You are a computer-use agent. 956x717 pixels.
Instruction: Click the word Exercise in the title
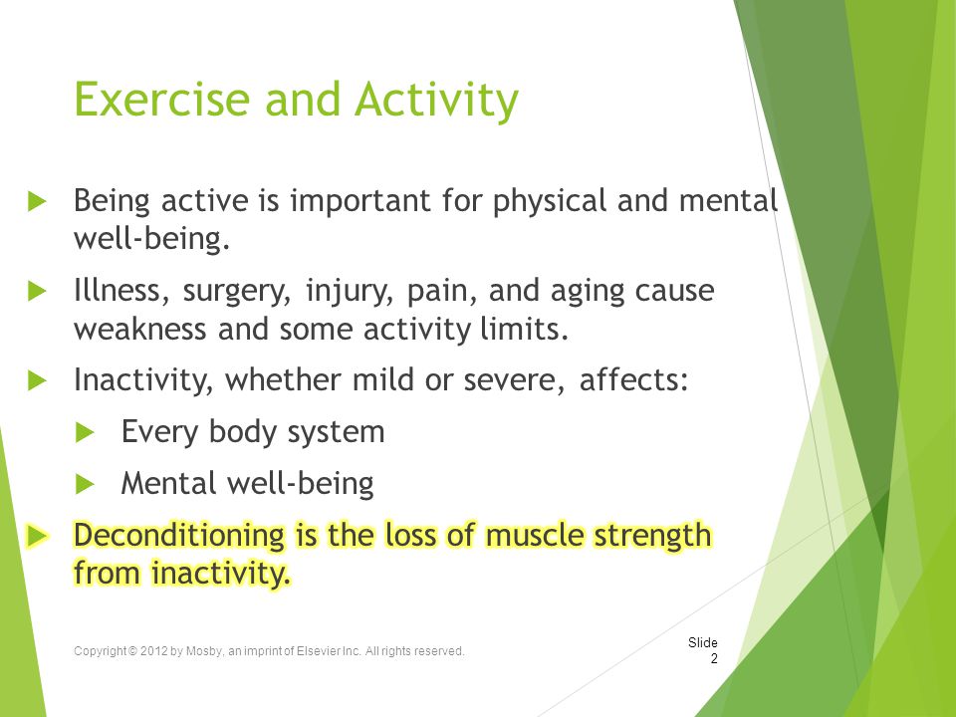pos(162,99)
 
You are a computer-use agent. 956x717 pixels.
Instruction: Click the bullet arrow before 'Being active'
pos(37,201)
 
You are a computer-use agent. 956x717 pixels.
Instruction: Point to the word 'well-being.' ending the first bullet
pos(151,238)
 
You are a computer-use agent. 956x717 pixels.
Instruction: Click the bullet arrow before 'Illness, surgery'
pos(37,291)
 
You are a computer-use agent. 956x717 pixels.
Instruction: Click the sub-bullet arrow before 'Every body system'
pos(86,433)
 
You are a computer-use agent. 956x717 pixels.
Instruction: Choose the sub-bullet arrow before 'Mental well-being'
pos(86,485)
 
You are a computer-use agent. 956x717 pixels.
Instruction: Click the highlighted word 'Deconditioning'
pos(179,536)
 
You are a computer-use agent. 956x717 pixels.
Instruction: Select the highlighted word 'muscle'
pos(535,536)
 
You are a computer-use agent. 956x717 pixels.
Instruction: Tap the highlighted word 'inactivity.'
pos(220,574)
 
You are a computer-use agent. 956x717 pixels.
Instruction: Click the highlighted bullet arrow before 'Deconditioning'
pos(38,537)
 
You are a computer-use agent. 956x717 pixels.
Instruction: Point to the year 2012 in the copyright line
pos(153,651)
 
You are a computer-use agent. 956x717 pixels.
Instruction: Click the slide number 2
pos(714,659)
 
